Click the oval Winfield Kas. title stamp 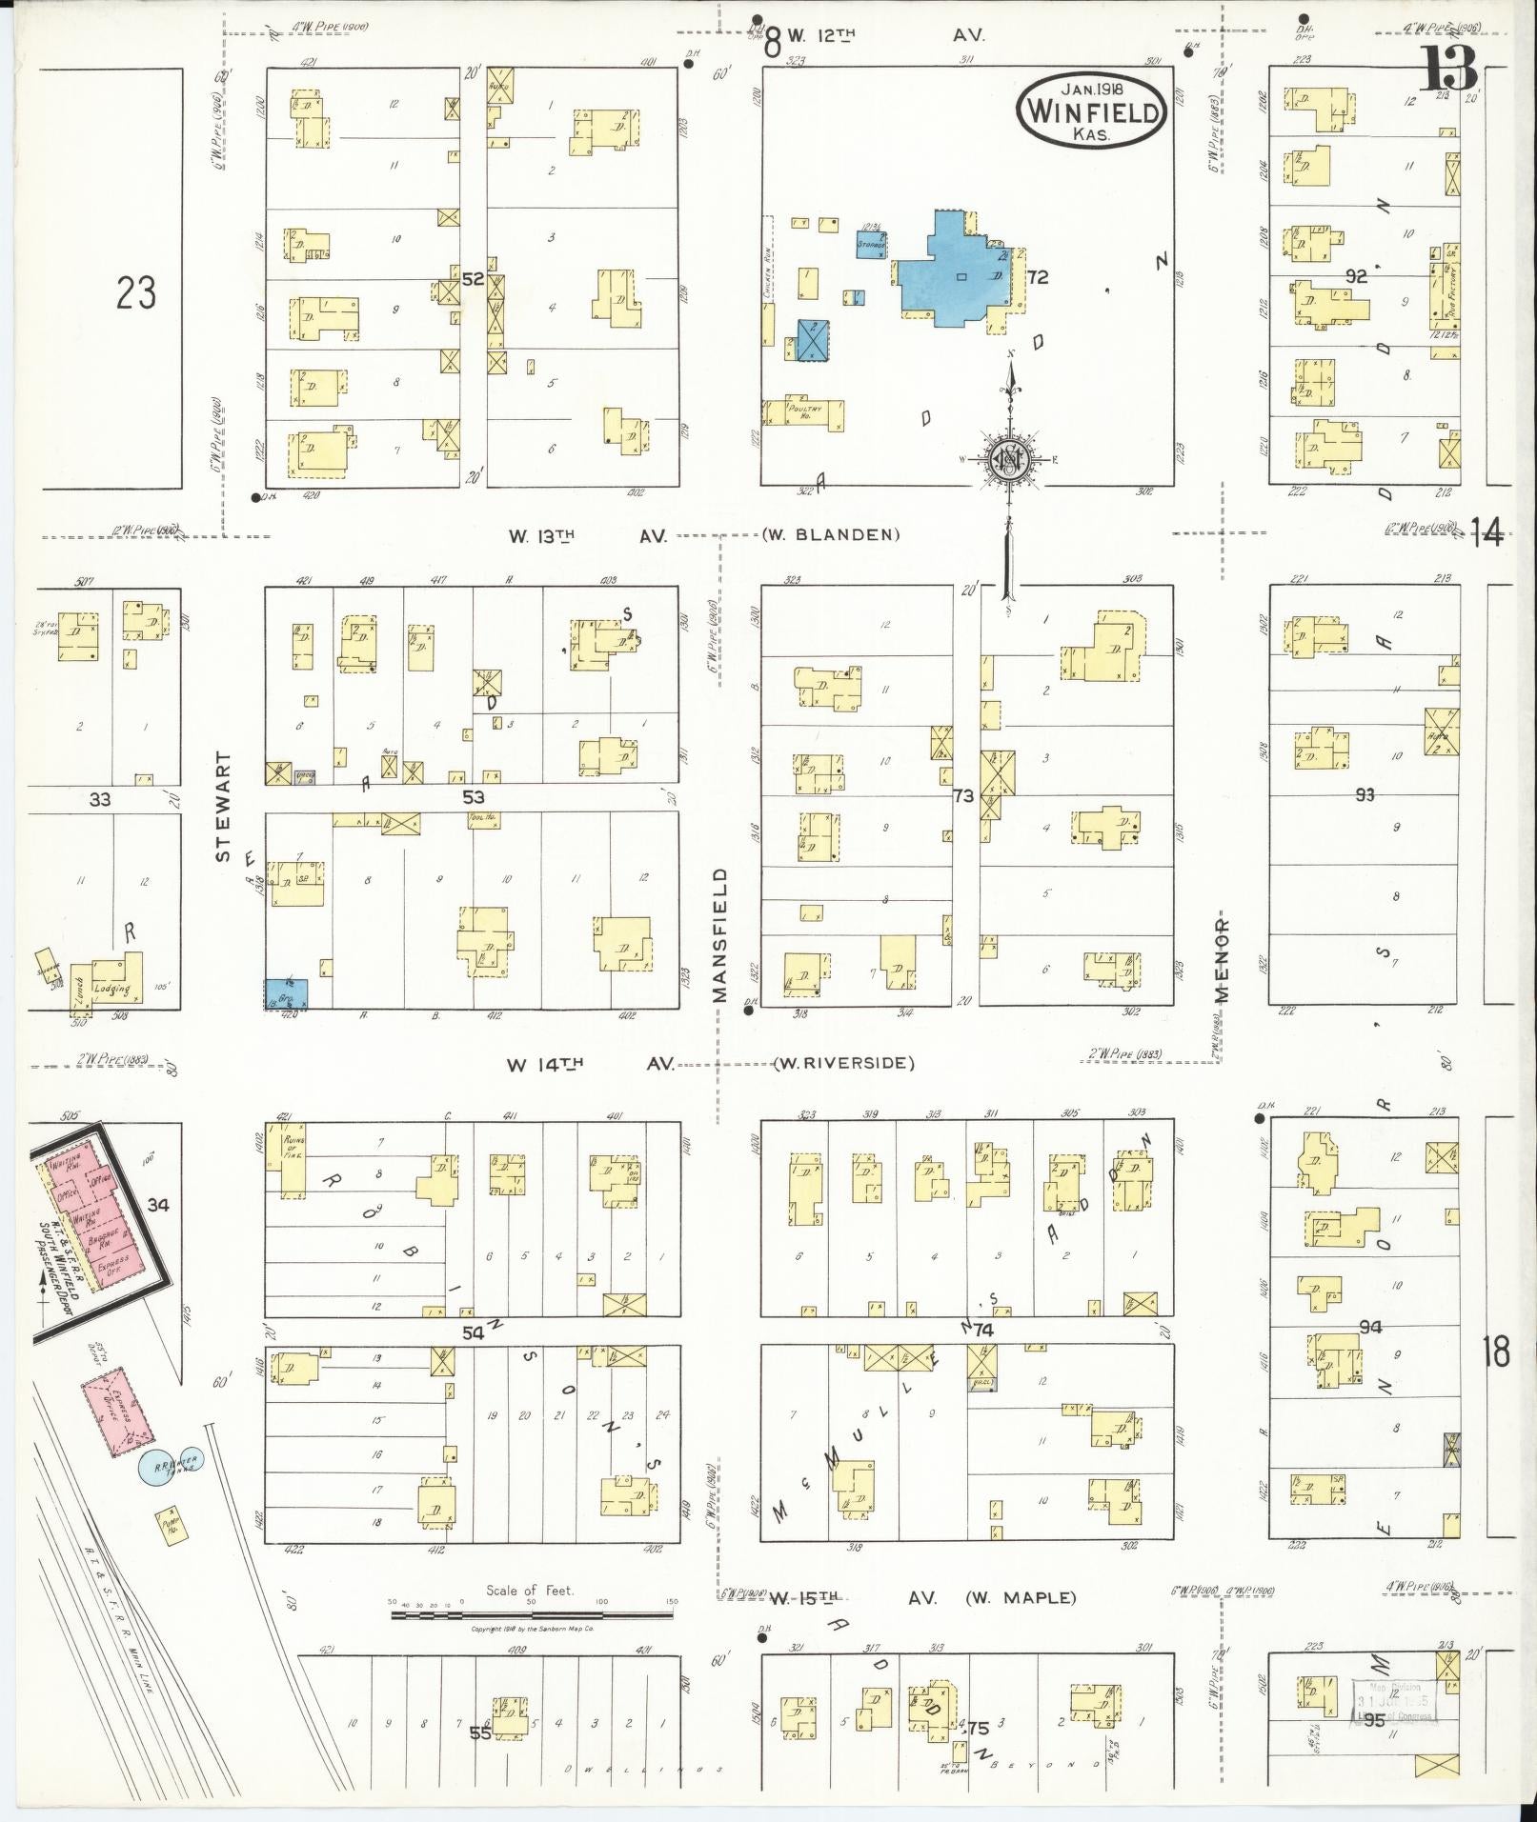[x=1092, y=110]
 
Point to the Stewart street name [x=223, y=807]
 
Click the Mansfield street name [x=719, y=934]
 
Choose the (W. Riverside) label [x=843, y=1063]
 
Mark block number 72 [x=1037, y=277]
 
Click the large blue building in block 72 [x=953, y=271]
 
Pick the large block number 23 [x=135, y=292]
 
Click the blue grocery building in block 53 [x=286, y=993]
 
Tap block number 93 [x=1365, y=794]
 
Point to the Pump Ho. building [x=172, y=1525]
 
